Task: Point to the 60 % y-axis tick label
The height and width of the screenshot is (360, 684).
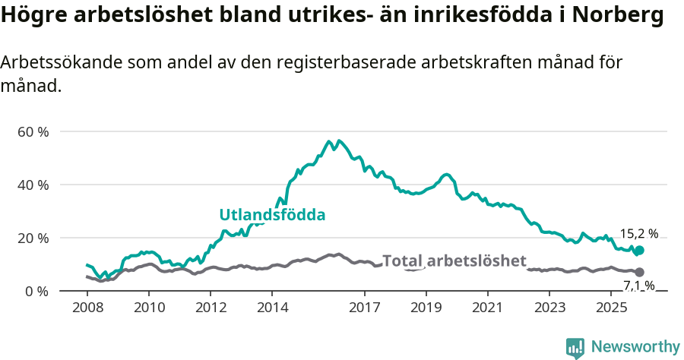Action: click(33, 131)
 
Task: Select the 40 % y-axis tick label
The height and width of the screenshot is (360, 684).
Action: click(33, 185)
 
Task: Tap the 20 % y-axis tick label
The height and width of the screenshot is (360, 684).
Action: click(33, 238)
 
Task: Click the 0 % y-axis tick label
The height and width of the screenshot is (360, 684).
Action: click(36, 291)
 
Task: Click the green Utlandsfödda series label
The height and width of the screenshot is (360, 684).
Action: click(272, 215)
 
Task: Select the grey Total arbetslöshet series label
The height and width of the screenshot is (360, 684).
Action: click(454, 261)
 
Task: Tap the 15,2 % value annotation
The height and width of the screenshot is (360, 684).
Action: click(638, 234)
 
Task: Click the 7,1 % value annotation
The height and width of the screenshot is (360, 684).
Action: click(638, 286)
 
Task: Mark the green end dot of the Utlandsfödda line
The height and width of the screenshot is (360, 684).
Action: click(639, 251)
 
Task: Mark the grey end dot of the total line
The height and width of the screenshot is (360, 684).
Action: click(639, 272)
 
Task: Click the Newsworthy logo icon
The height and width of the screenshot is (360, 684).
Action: click(575, 347)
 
